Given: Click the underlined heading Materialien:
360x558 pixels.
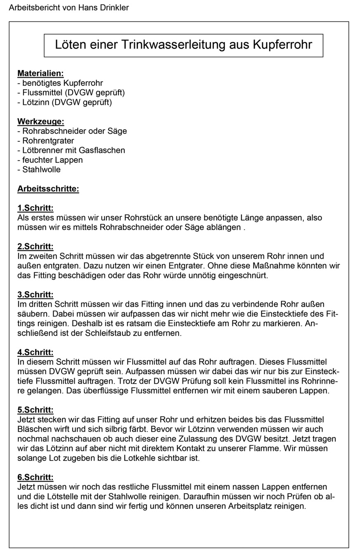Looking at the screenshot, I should (40, 74).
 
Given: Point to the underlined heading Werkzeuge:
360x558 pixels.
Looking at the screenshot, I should (40, 121).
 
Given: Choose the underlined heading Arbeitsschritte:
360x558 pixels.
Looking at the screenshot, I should (48, 189).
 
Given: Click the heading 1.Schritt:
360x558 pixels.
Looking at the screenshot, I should (36, 208).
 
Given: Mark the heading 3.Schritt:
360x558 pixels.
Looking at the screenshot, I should (36, 294).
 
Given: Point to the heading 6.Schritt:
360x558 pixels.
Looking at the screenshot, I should (36, 477).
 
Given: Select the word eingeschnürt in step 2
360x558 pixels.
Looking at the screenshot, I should (245, 275).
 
